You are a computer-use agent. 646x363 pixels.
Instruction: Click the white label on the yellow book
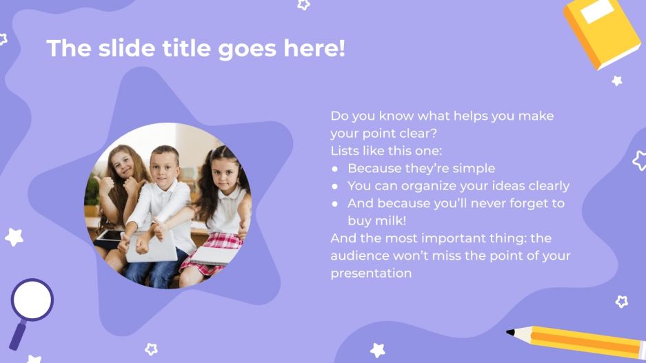tap(597, 12)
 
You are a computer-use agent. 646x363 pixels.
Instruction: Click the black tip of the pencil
tap(510, 332)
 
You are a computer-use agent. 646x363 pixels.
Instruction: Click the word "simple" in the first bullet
tap(474, 168)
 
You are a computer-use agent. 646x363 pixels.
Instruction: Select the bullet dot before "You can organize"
tap(335, 186)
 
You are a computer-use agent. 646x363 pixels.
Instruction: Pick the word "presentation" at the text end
tap(371, 273)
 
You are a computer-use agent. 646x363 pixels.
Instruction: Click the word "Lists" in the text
tap(345, 151)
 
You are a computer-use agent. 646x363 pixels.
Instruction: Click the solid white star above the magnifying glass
tap(14, 237)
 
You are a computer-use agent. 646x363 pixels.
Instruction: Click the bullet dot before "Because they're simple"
tap(335, 169)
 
